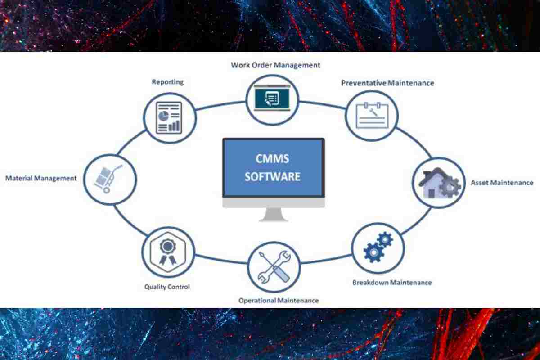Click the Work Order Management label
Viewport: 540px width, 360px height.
point(275,65)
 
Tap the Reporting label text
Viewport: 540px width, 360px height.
point(167,82)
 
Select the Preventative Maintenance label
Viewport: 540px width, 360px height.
point(387,83)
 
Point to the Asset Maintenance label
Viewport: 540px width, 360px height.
point(502,183)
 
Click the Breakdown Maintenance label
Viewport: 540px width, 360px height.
point(391,283)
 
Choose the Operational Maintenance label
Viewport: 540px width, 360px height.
point(279,300)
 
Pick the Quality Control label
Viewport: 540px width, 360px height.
point(167,287)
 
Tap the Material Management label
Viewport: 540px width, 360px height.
point(41,178)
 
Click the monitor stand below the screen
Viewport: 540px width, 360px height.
point(273,214)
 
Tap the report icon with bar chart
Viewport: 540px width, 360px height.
point(169,117)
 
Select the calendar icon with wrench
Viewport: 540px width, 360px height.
point(372,115)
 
